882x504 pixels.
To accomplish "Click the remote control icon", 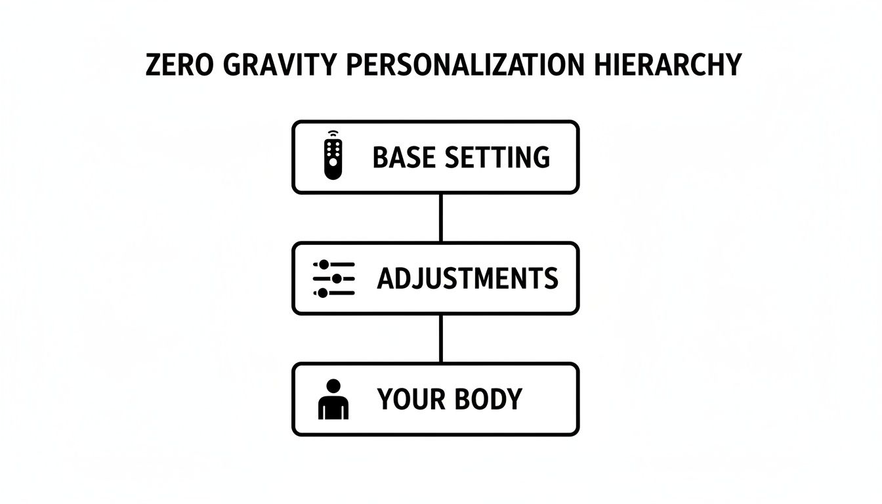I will (333, 156).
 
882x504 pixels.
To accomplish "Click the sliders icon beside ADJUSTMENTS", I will (333, 278).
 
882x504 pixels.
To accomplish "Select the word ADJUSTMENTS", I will (467, 279).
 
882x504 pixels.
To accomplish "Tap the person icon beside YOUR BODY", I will (333, 399).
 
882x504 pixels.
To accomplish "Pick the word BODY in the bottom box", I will (490, 399).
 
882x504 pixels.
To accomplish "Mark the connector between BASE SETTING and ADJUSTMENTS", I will (440, 218).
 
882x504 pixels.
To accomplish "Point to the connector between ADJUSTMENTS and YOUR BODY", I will (440, 339).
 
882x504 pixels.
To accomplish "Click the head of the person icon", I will (333, 385).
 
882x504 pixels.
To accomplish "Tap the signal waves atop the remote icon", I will (333, 134).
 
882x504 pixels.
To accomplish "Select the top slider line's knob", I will (324, 264).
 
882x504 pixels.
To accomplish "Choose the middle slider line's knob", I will (337, 278).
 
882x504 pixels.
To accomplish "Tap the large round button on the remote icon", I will (333, 161).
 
